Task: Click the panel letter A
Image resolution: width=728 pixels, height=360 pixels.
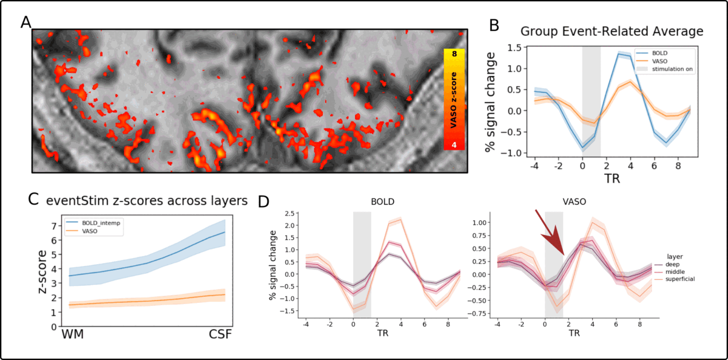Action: coord(26,22)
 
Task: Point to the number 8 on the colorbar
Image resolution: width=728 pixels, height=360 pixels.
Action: coord(454,54)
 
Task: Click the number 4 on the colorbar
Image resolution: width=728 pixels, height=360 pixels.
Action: coord(454,145)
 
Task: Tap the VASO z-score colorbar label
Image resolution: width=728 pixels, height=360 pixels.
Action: coord(454,100)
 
